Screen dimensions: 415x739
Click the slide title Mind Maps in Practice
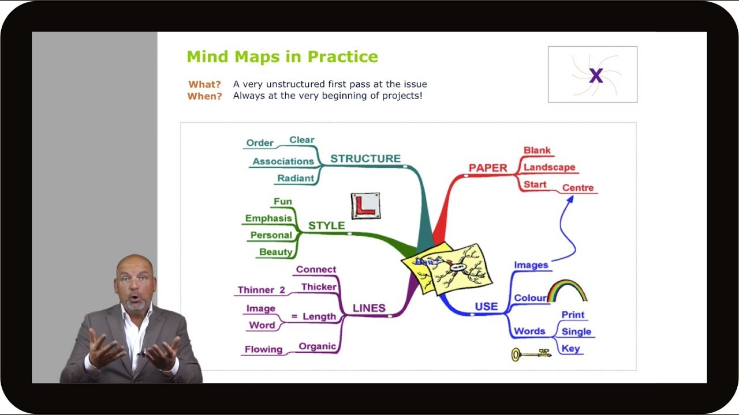click(x=282, y=56)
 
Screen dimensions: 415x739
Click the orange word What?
click(x=205, y=84)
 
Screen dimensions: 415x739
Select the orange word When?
click(x=204, y=96)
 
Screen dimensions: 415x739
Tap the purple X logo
click(x=595, y=75)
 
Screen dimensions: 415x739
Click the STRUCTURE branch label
click(x=365, y=159)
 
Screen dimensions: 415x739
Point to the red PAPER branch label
click(x=487, y=168)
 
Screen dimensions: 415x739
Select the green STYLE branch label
click(x=326, y=225)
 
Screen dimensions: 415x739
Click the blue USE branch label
click(x=486, y=307)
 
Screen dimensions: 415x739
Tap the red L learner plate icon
click(x=365, y=206)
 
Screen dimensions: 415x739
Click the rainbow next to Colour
click(x=567, y=291)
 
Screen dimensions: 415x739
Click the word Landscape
click(x=549, y=167)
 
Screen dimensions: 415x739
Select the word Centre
click(x=578, y=188)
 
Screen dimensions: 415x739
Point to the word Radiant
click(x=296, y=178)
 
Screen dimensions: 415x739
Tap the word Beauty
click(x=275, y=252)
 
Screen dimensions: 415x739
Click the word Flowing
click(x=263, y=349)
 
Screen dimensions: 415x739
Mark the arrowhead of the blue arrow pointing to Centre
click(x=570, y=199)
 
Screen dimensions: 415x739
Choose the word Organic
click(x=317, y=346)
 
